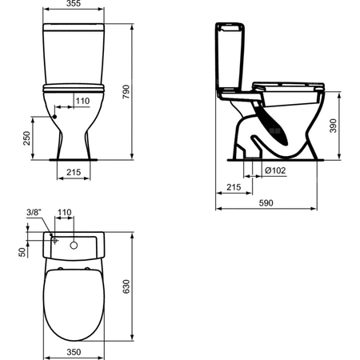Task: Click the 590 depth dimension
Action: pos(264,203)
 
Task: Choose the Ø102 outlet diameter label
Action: pos(274,169)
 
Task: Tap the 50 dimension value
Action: pos(22,251)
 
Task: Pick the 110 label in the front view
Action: pos(82,101)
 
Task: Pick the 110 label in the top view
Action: pos(65,214)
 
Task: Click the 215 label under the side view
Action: pos(234,186)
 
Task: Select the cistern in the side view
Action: pos(230,56)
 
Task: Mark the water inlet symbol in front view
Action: pos(56,114)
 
